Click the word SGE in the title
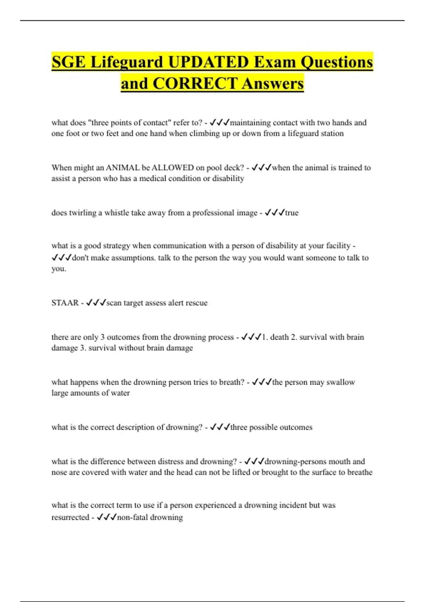[x=68, y=62]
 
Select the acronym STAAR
[x=65, y=303]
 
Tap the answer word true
[x=291, y=213]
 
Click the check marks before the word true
[x=274, y=212]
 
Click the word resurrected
[x=70, y=517]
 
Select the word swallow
[x=340, y=382]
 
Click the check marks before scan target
[x=96, y=302]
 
